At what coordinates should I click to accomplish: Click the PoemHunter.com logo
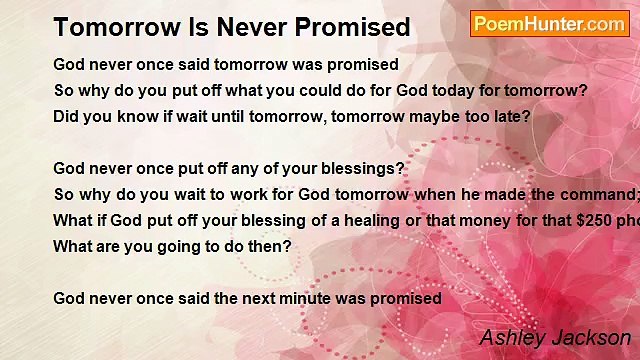click(x=549, y=24)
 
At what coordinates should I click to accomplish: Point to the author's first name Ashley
click(x=511, y=338)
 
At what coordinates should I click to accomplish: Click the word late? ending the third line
click(x=510, y=115)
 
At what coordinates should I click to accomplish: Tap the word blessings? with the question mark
click(x=361, y=169)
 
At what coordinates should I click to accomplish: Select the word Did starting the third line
click(x=66, y=115)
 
